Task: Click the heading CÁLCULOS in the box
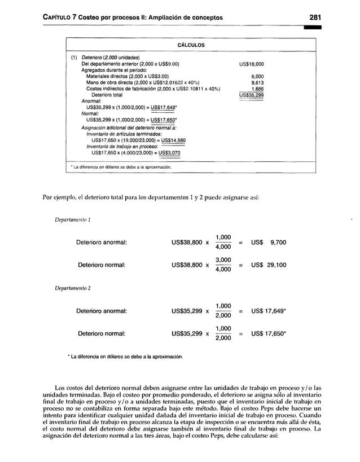point(191,45)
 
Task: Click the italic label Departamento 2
point(71,288)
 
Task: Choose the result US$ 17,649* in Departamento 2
point(270,310)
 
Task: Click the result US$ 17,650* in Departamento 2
point(270,333)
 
